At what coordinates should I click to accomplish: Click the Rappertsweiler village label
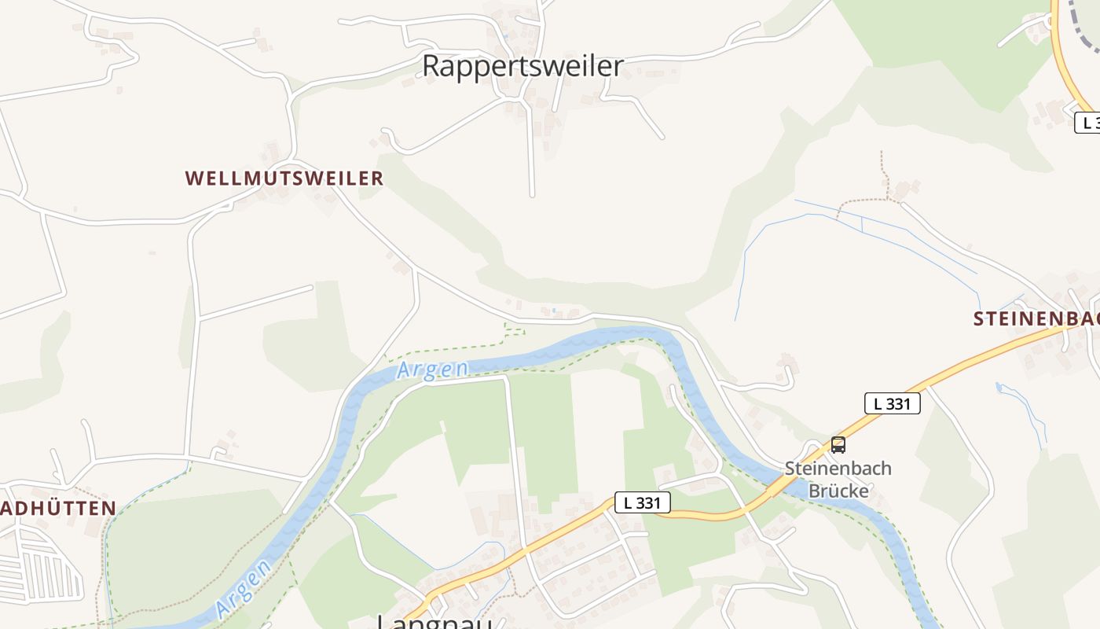pos(522,66)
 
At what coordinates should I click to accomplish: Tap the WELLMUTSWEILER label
pos(284,178)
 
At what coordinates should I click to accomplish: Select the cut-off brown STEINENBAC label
pos(1036,319)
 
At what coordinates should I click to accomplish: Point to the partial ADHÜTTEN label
pos(58,509)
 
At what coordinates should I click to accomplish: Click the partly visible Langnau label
pos(434,621)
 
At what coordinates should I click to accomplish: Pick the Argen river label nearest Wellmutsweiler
pos(432,370)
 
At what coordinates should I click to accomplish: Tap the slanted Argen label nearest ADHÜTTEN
pos(244,587)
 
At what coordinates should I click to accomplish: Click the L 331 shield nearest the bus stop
pos(892,403)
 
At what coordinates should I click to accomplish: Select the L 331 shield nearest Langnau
pos(642,502)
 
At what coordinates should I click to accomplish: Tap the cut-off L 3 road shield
pos(1087,123)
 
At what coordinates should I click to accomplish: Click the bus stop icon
pos(838,445)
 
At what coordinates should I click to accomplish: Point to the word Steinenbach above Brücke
pos(838,469)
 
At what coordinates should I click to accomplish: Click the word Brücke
pos(838,491)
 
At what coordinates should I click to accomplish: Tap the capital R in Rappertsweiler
pos(431,66)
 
